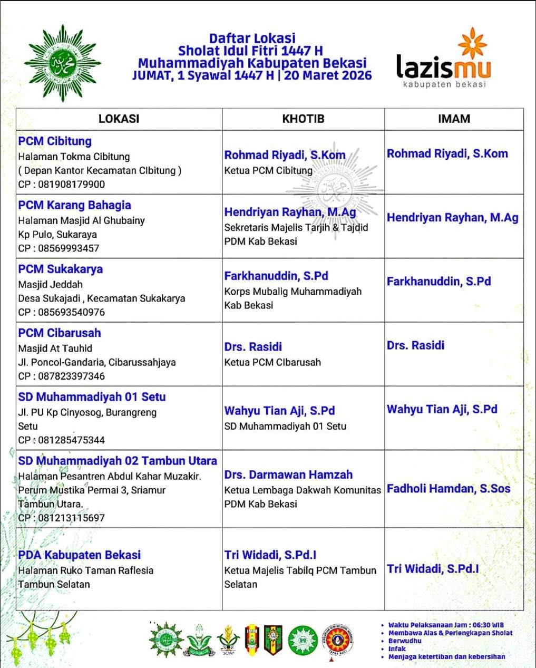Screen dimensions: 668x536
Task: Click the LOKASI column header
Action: pos(119,119)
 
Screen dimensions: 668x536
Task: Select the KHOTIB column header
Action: pos(303,119)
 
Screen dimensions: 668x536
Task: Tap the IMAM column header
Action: pos(454,119)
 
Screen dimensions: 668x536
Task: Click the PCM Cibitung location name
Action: pos(55,141)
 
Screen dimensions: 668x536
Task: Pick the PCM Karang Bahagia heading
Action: pos(74,205)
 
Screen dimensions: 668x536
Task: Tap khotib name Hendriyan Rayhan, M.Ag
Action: pos(290,212)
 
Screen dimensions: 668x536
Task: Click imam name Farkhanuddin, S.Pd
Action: pos(438,282)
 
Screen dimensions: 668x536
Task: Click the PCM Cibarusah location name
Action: pos(60,333)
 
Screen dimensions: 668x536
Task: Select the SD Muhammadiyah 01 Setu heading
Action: pos(92,397)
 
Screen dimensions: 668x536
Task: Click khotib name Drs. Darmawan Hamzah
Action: pos(288,475)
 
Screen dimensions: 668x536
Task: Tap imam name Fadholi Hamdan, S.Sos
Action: pos(449,489)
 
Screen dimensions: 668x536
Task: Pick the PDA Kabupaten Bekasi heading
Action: pos(79,555)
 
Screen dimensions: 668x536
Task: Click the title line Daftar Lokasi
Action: pos(252,38)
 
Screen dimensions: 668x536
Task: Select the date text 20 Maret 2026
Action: pos(328,75)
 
